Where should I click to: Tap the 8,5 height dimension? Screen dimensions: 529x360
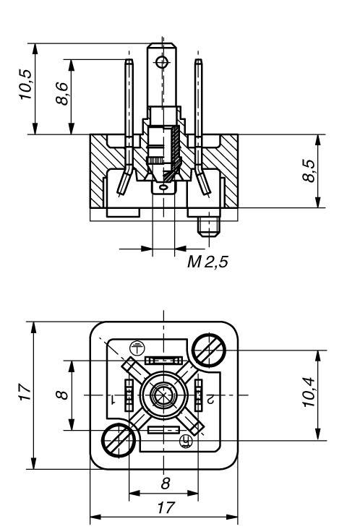pos(309,171)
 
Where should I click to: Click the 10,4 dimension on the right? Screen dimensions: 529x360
pos(309,395)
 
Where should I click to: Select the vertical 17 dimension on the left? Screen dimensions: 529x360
pos(26,395)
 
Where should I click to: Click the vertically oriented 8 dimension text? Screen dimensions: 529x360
pos(62,395)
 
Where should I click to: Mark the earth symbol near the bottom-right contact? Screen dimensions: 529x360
pos(185,439)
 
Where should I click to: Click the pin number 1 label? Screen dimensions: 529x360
pos(113,398)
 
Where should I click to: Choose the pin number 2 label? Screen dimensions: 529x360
pos(210,398)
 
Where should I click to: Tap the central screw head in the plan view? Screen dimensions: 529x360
pos(163,395)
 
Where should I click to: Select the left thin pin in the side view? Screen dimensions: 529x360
pos(128,108)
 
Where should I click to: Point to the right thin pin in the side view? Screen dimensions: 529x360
pos(198,108)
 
